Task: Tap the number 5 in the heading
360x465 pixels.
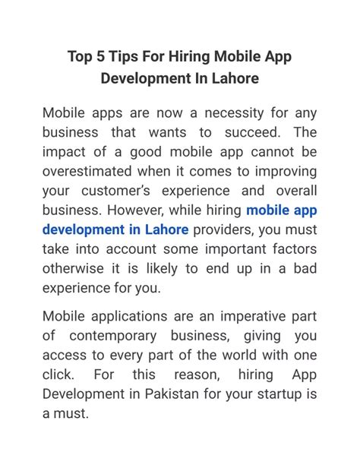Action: pos(106,57)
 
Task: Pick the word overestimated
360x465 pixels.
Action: pos(96,171)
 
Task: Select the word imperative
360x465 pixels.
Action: pos(250,316)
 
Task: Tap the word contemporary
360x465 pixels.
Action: pos(116,335)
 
